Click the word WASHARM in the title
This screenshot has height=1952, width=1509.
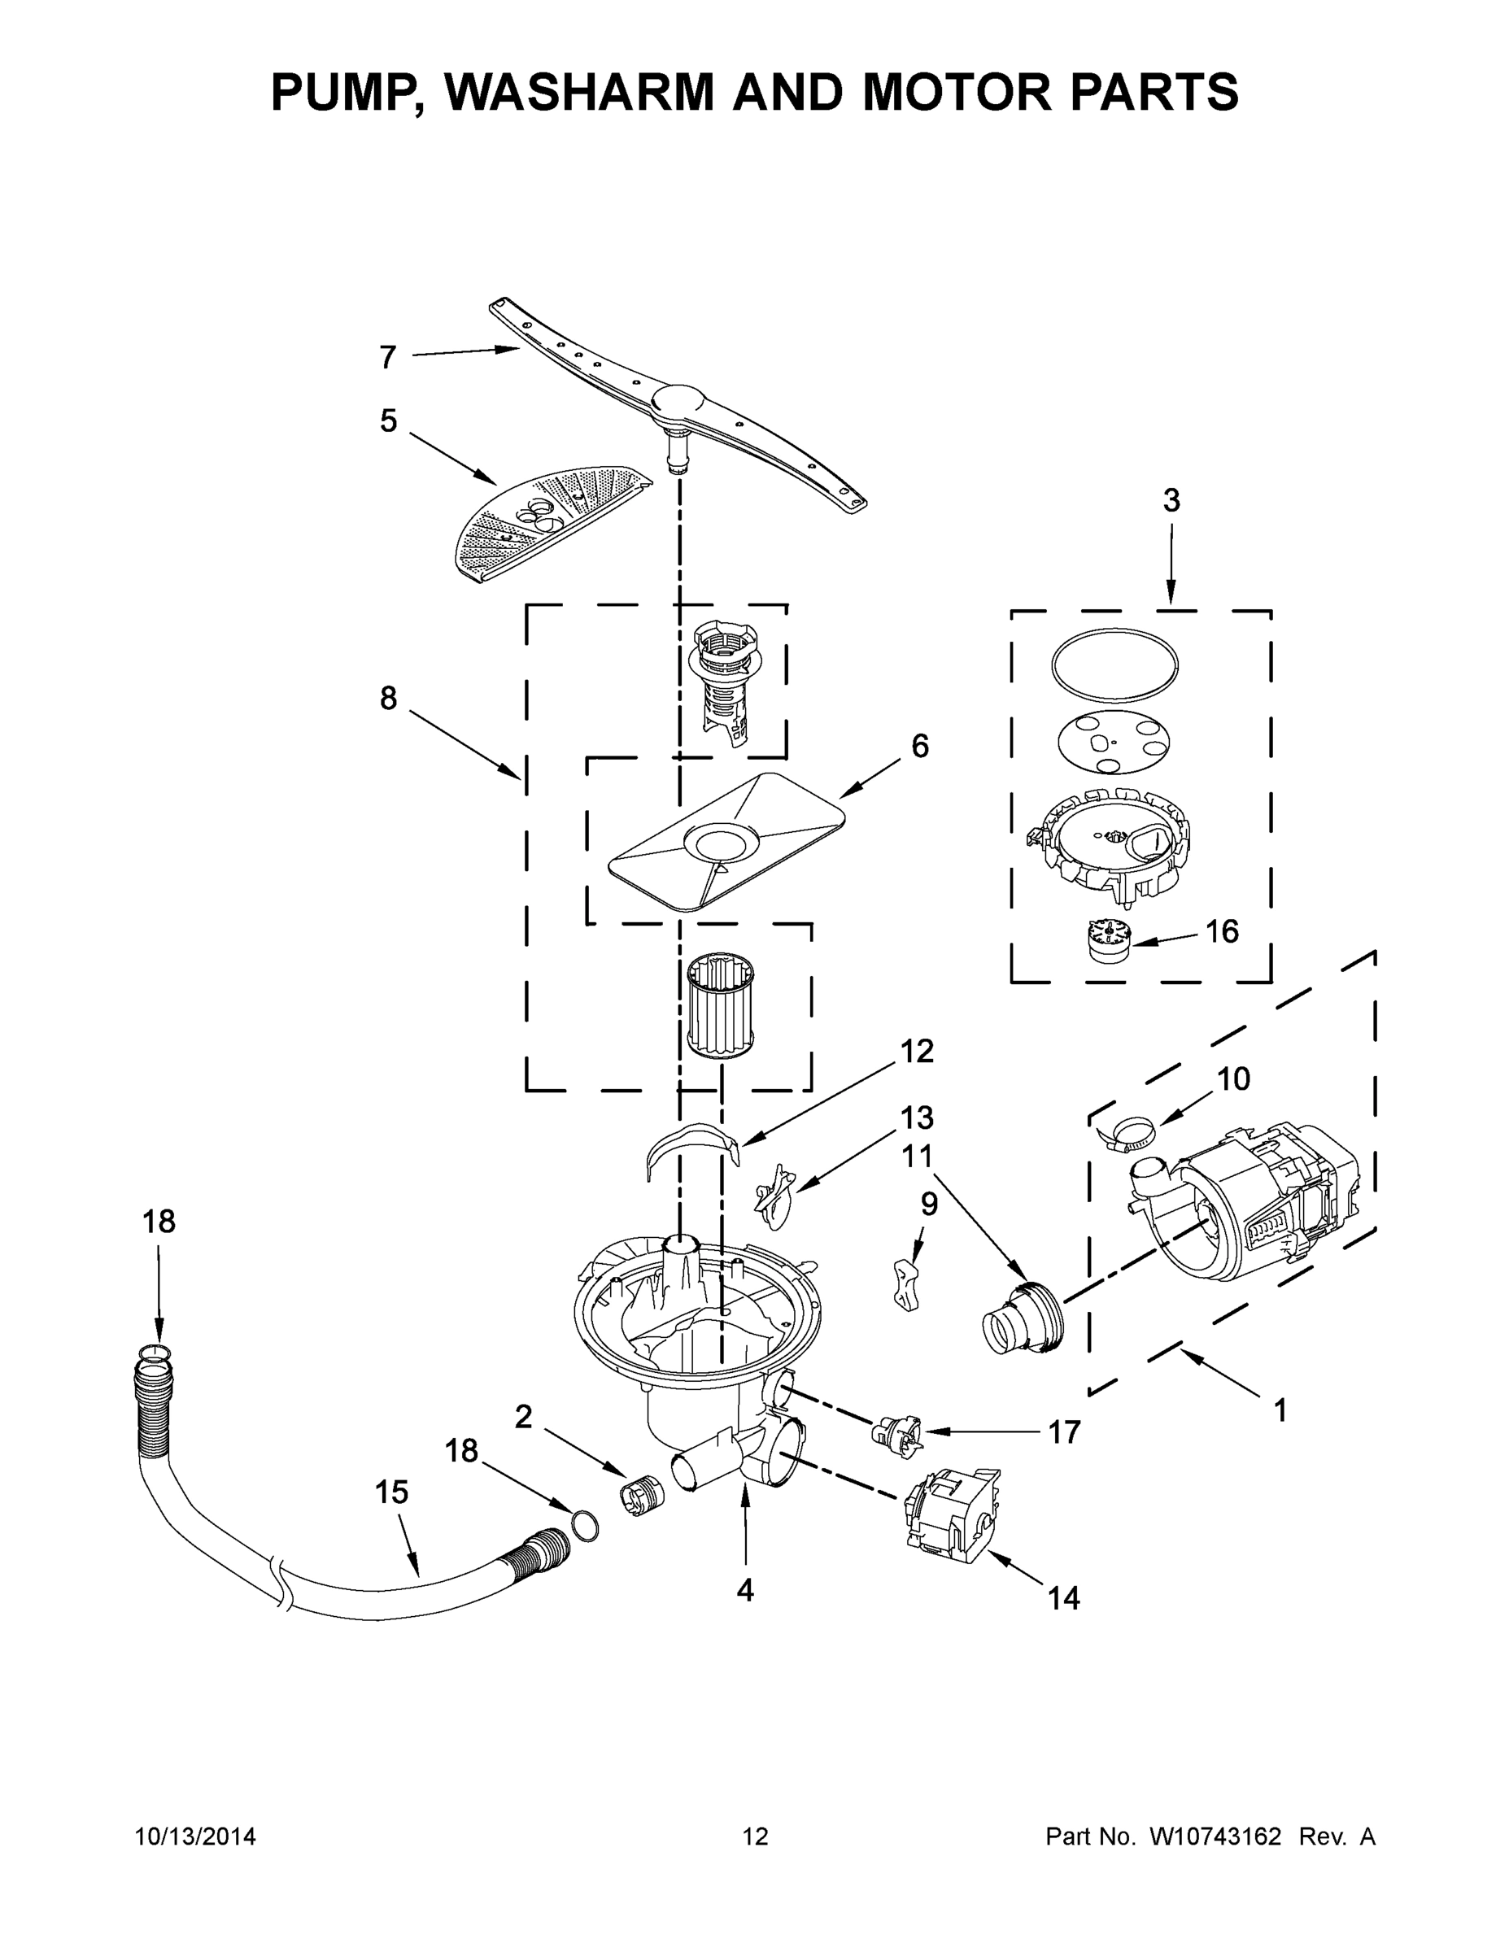(x=581, y=92)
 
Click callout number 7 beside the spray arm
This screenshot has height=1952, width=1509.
(x=387, y=358)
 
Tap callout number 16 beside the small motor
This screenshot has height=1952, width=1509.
(x=1222, y=931)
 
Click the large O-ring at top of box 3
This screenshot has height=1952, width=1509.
(x=1114, y=662)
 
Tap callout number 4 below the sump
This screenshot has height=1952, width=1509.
(x=744, y=1590)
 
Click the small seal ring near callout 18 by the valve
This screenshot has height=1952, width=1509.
(x=584, y=1524)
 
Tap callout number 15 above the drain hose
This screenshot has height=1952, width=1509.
(x=391, y=1492)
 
